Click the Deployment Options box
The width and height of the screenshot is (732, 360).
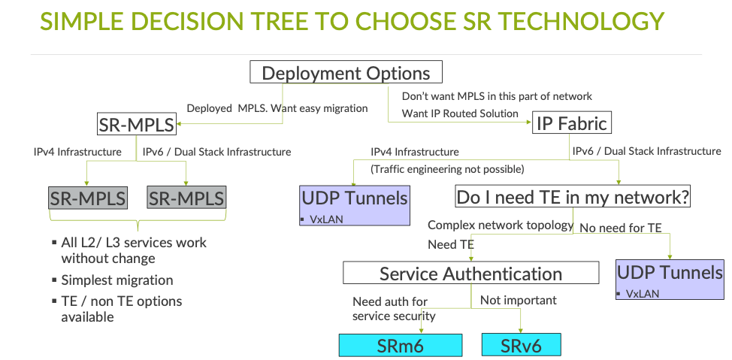point(346,73)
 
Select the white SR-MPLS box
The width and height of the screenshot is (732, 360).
point(136,123)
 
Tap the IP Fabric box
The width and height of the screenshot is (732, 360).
point(571,123)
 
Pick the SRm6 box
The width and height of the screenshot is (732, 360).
point(399,345)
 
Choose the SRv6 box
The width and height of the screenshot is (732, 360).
point(521,345)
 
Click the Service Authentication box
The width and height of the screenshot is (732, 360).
point(470,274)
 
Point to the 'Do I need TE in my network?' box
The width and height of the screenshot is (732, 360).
point(573,198)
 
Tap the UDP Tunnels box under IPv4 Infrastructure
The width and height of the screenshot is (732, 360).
point(355,204)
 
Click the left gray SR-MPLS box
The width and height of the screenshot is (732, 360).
point(88,198)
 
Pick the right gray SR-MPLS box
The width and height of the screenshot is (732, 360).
point(186,198)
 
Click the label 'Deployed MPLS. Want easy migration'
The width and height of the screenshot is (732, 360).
point(277,108)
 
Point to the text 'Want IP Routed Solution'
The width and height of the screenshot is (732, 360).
point(460,113)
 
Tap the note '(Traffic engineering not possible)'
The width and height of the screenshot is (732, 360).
point(446,169)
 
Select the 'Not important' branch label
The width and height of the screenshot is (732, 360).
point(519,301)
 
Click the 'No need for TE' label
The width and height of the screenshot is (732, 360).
point(621,228)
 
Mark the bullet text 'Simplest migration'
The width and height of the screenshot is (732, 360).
point(117,280)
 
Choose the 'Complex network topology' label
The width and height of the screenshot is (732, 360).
point(501,225)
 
